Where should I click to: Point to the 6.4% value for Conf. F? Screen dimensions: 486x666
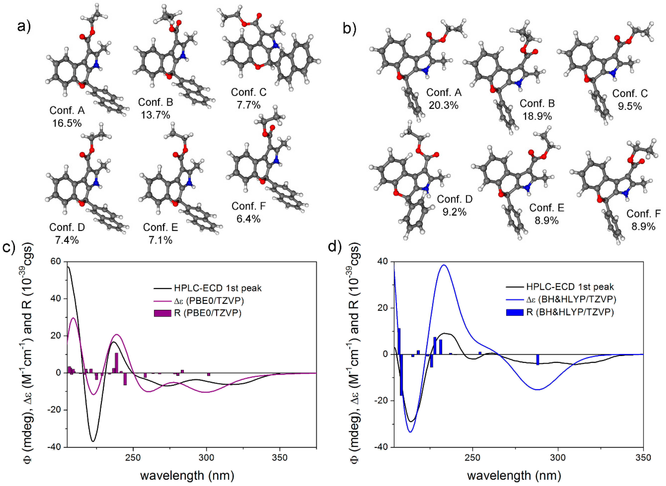click(x=248, y=219)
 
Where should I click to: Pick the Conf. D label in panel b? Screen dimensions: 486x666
click(x=455, y=199)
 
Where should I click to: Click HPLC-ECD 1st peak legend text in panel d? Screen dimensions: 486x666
click(x=570, y=287)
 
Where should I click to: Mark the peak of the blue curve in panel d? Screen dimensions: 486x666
click(x=444, y=265)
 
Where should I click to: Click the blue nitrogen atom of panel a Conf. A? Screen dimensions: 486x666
click(x=95, y=66)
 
